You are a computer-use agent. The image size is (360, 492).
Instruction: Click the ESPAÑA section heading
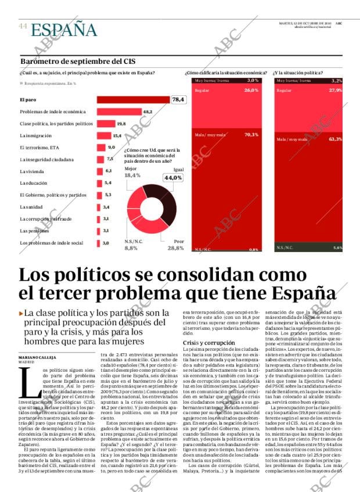click(64, 29)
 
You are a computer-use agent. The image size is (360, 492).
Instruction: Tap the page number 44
click(23, 26)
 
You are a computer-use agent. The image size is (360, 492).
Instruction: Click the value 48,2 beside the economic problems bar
click(147, 112)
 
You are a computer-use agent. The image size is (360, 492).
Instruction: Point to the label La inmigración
click(37, 135)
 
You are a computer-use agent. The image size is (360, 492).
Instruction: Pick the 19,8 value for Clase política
click(121, 124)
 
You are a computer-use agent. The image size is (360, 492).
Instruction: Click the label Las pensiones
click(35, 231)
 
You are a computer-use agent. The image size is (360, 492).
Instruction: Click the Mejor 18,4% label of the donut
click(132, 172)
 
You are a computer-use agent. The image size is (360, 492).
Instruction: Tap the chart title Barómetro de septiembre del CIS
click(77, 61)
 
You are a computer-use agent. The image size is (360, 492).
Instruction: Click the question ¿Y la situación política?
click(298, 73)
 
